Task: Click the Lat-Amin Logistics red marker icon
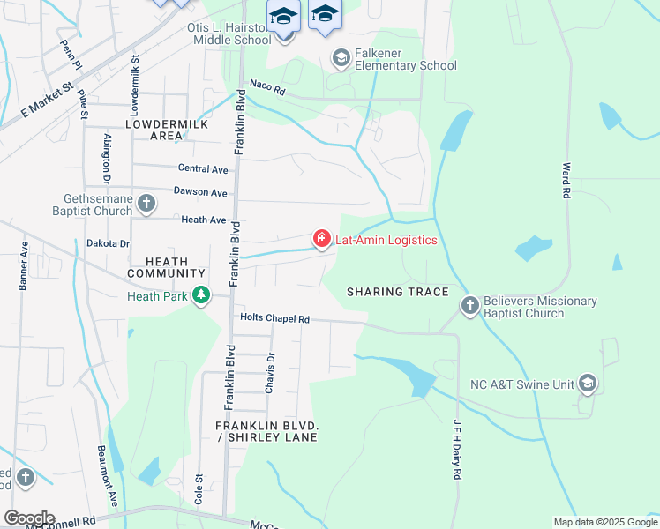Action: coord(321,239)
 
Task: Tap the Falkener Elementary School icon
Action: coord(341,58)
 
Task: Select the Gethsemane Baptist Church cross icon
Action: coord(146,205)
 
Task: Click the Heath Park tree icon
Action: coord(202,295)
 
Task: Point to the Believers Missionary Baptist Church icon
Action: coord(469,306)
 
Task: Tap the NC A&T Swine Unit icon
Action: coord(589,384)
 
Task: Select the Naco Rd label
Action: coord(268,87)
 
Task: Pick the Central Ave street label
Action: coord(202,168)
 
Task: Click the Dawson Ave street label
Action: coord(200,192)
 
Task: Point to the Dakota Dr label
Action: coord(108,243)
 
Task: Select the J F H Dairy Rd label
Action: coord(457,449)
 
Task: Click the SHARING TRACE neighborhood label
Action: coord(398,292)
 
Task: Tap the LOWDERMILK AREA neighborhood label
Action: coord(167,130)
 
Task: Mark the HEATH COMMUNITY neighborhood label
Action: coord(167,267)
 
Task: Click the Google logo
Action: coord(28,518)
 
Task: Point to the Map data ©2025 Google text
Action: coord(604,522)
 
